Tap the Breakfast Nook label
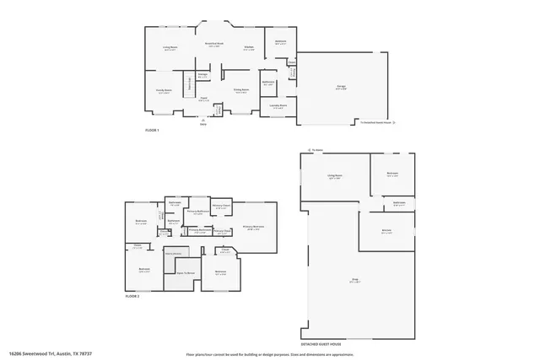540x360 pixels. pyautogui.click(x=214, y=44)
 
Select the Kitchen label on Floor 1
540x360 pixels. pyautogui.click(x=249, y=48)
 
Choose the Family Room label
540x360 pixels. pyautogui.click(x=164, y=91)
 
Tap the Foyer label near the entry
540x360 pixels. pyautogui.click(x=203, y=99)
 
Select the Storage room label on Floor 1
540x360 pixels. pyautogui.click(x=202, y=76)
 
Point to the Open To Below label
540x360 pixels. pyautogui.click(x=185, y=273)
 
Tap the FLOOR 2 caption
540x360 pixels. pyautogui.click(x=132, y=297)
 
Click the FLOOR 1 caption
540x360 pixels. pyautogui.click(x=152, y=130)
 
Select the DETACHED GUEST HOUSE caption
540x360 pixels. pyautogui.click(x=322, y=344)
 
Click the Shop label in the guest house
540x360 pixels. pyautogui.click(x=354, y=279)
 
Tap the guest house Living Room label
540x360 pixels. pyautogui.click(x=335, y=177)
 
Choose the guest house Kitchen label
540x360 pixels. pyautogui.click(x=386, y=231)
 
